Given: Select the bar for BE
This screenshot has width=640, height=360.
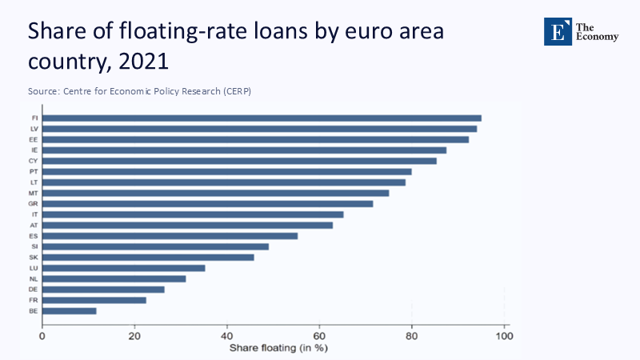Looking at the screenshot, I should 69,310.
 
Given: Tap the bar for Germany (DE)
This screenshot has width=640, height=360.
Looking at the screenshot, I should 103,289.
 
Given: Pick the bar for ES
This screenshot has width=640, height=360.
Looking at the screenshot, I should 170,236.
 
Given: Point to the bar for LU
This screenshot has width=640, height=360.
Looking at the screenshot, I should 123,268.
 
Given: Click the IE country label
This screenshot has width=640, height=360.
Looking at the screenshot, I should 33,150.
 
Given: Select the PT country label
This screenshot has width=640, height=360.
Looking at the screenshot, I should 33,171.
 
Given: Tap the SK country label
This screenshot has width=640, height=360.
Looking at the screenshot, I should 33,257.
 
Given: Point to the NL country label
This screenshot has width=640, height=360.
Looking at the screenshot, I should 33,278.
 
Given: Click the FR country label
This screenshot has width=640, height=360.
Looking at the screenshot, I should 33,300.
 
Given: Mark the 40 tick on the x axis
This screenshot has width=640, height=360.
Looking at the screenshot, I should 227,335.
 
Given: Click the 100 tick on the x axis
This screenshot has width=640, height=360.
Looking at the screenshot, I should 504,335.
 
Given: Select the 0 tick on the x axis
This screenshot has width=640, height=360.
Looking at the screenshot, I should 42,335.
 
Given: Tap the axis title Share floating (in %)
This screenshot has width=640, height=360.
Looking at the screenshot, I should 279,348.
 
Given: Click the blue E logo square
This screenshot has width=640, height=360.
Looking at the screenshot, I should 558,31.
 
